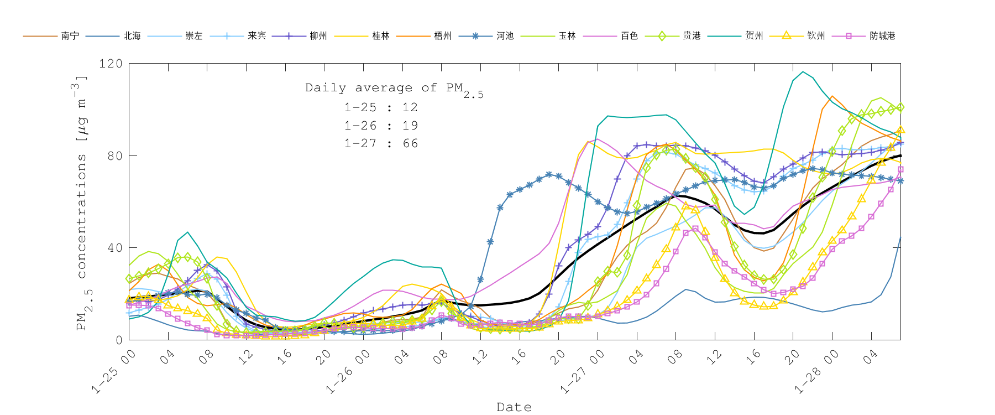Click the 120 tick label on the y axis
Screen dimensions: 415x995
(x=111, y=64)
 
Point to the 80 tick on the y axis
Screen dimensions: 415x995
(x=114, y=155)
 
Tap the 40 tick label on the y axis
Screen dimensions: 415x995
(x=114, y=248)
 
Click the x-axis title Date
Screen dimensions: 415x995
(x=514, y=407)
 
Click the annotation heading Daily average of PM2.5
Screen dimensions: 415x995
(x=394, y=89)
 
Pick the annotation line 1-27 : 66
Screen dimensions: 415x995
(x=381, y=143)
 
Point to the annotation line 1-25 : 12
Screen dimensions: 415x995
(x=381, y=107)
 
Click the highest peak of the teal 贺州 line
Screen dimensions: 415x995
(x=803, y=71)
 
